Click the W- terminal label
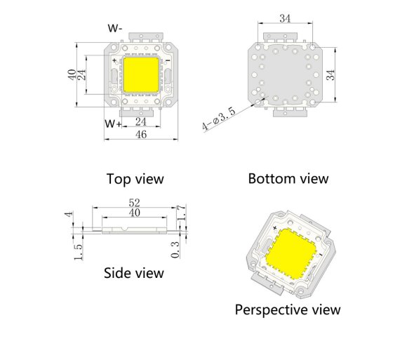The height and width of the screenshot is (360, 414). click(115, 28)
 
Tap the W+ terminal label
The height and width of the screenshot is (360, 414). click(113, 124)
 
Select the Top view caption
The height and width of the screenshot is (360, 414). click(135, 179)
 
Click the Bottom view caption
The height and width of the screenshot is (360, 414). click(288, 178)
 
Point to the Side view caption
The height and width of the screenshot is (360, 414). click(134, 273)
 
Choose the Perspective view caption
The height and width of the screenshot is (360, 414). click(288, 309)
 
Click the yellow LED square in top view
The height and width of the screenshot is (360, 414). click(141, 75)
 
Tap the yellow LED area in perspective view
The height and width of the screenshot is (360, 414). click(291, 254)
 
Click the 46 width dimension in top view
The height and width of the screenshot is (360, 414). click(141, 135)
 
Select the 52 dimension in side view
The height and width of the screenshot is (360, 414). click(135, 203)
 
